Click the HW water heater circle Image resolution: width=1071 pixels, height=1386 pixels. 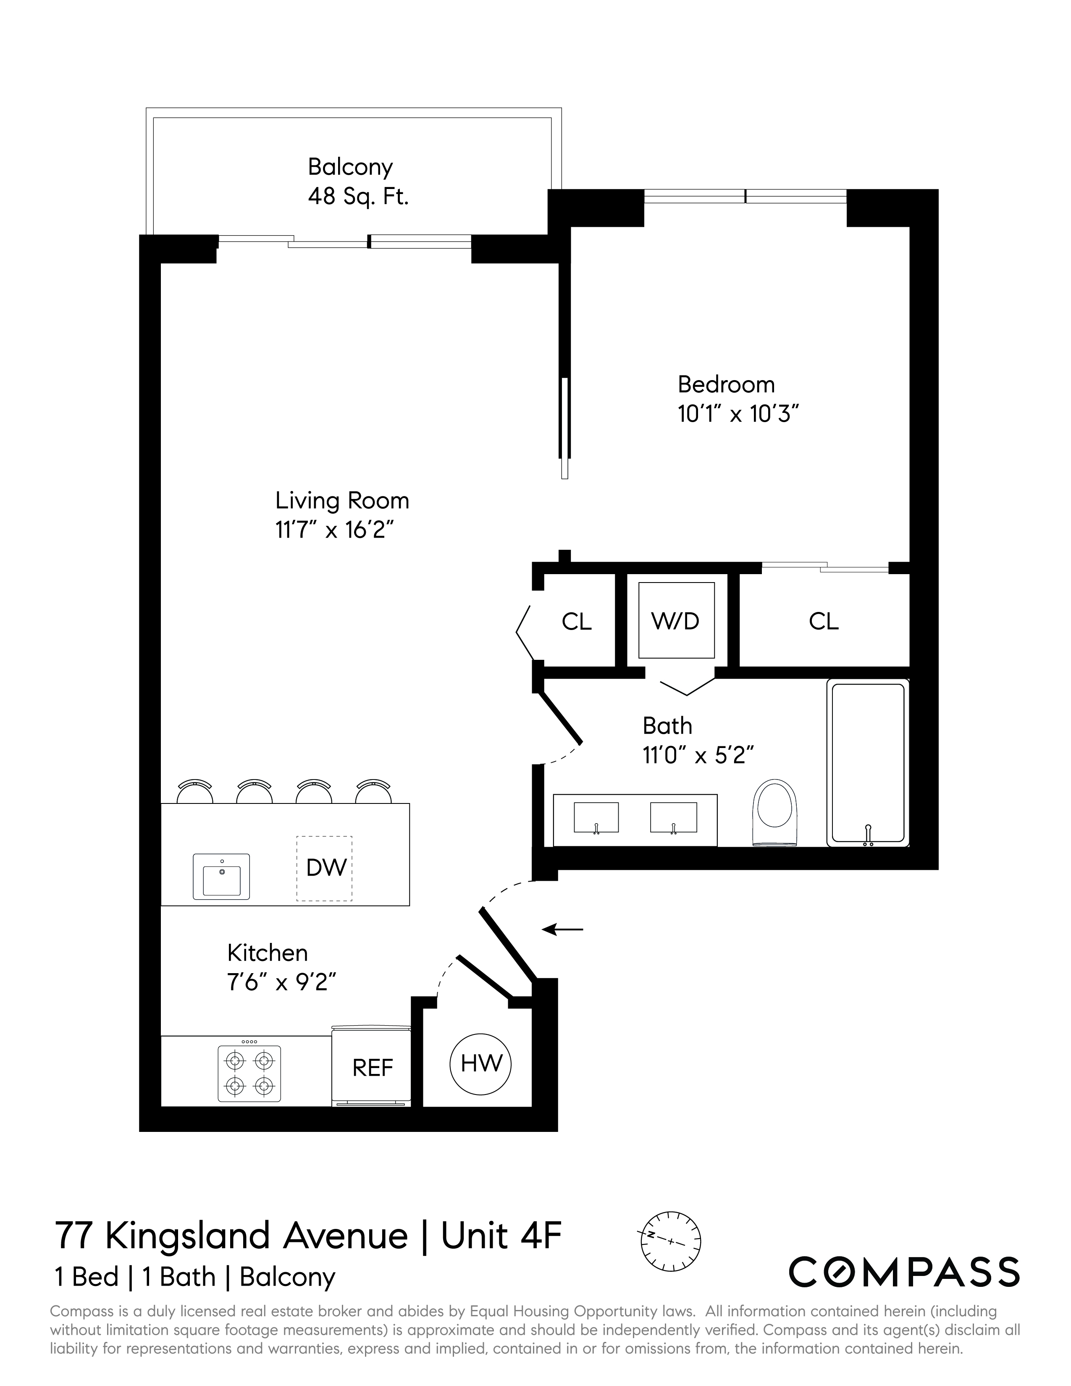click(x=480, y=1063)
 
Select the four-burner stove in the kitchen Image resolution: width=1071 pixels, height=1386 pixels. click(x=249, y=1073)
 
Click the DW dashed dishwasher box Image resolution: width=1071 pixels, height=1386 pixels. click(x=324, y=868)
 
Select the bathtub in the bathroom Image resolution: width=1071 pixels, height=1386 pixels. click(x=867, y=762)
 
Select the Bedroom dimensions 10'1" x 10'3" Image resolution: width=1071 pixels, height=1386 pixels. click(x=737, y=415)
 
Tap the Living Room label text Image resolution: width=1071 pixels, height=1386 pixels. click(x=342, y=501)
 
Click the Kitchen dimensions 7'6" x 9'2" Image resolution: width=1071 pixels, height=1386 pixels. click(x=281, y=982)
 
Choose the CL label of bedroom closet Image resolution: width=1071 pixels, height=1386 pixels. click(x=823, y=621)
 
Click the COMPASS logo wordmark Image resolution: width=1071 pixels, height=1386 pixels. click(x=903, y=1272)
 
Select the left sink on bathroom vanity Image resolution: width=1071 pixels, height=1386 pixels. click(x=596, y=817)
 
